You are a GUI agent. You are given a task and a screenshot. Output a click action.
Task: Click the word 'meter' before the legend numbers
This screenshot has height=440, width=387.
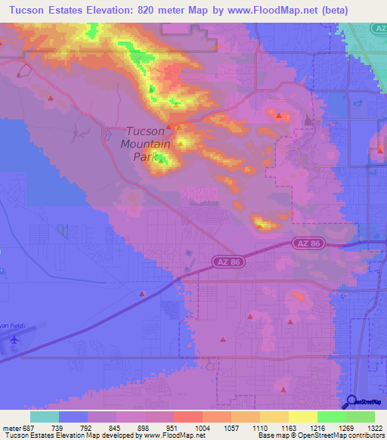[13, 428]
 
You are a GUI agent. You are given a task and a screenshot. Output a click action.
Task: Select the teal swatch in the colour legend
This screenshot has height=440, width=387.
[45, 417]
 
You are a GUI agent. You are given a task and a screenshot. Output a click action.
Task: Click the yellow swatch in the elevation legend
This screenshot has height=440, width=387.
[302, 417]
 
